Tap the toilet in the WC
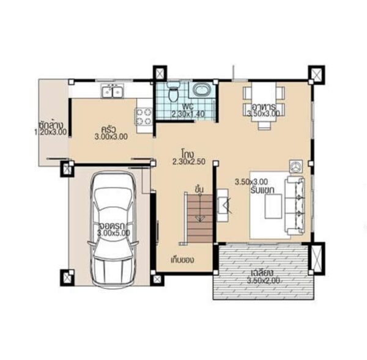tap(173, 94)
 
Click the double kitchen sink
tap(113, 92)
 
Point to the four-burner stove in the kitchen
tap(144, 117)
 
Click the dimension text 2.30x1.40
tap(186, 114)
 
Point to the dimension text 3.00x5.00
tap(114, 233)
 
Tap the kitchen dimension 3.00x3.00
tap(111, 138)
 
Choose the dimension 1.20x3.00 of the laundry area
tap(50, 131)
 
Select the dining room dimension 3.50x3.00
tap(264, 114)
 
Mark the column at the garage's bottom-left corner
tap(66, 277)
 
